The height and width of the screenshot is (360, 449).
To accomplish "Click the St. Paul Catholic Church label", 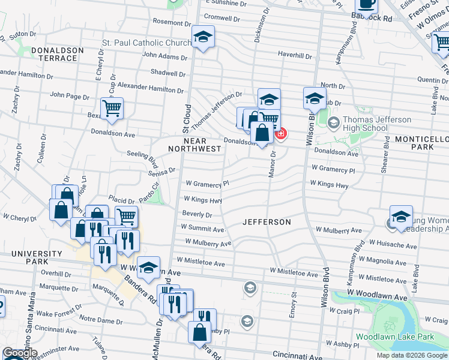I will (x=146, y=43).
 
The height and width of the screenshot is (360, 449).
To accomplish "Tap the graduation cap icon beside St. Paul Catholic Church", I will (x=203, y=37).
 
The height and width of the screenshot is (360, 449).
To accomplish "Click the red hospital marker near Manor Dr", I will (x=280, y=133).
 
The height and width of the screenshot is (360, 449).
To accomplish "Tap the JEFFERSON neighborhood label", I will (x=267, y=222).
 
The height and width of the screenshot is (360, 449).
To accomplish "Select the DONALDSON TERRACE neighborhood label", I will (x=47, y=54).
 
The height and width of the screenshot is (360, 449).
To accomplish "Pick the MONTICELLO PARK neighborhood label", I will (x=421, y=143).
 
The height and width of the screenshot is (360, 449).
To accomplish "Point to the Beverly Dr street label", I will (x=197, y=214).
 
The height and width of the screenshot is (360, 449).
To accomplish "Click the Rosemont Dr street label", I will (x=172, y=22).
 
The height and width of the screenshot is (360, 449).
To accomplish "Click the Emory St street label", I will (x=294, y=311).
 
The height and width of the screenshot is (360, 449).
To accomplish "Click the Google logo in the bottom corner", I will (x=20, y=353).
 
